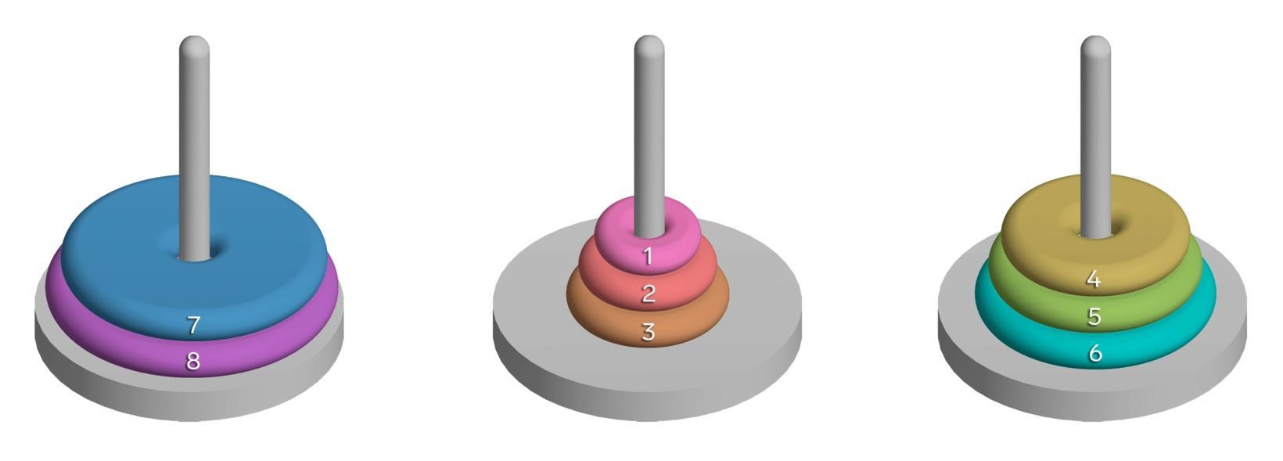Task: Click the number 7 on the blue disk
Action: coord(193,325)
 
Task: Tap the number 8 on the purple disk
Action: coord(193,362)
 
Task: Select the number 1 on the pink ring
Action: coord(648,256)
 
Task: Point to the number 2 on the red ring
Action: coord(649,294)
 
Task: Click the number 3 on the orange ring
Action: coord(649,332)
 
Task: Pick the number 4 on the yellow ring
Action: coord(1094,279)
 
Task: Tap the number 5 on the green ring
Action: coord(1094,316)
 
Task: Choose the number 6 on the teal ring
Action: coord(1095,354)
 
